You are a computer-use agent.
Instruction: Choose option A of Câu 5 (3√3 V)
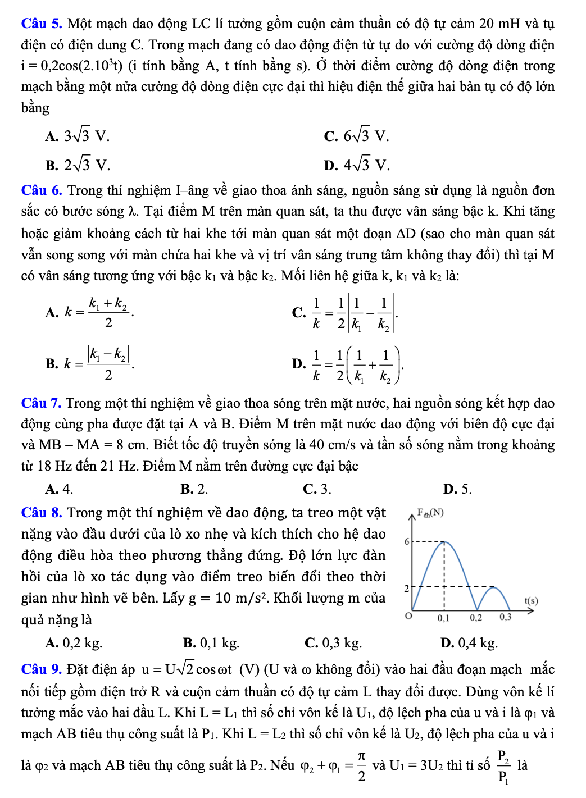point(78,136)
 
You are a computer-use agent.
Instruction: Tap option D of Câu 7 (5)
point(457,489)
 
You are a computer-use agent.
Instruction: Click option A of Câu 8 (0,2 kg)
point(74,642)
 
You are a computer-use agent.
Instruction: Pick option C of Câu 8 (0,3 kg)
point(333,642)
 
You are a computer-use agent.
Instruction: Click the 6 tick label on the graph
point(407,542)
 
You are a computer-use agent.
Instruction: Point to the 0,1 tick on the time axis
point(444,618)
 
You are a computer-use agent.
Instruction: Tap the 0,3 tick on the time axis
point(506,617)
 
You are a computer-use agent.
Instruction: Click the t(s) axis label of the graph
point(531,600)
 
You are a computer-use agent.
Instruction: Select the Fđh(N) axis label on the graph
point(430,513)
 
